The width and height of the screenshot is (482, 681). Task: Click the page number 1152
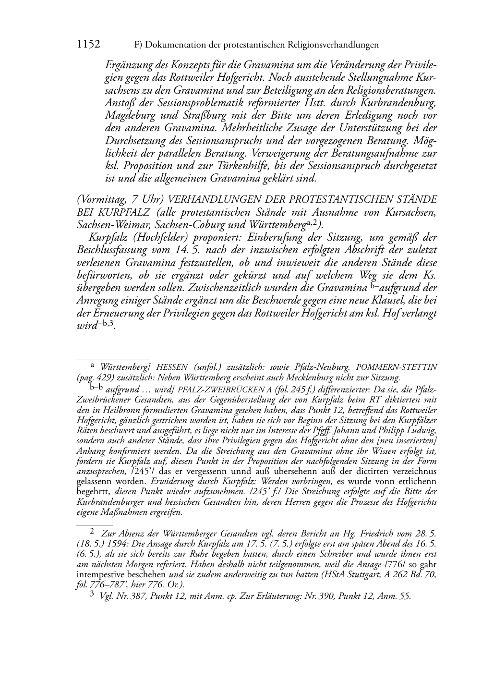click(88, 45)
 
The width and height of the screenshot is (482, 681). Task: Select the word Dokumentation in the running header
click(177, 45)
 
